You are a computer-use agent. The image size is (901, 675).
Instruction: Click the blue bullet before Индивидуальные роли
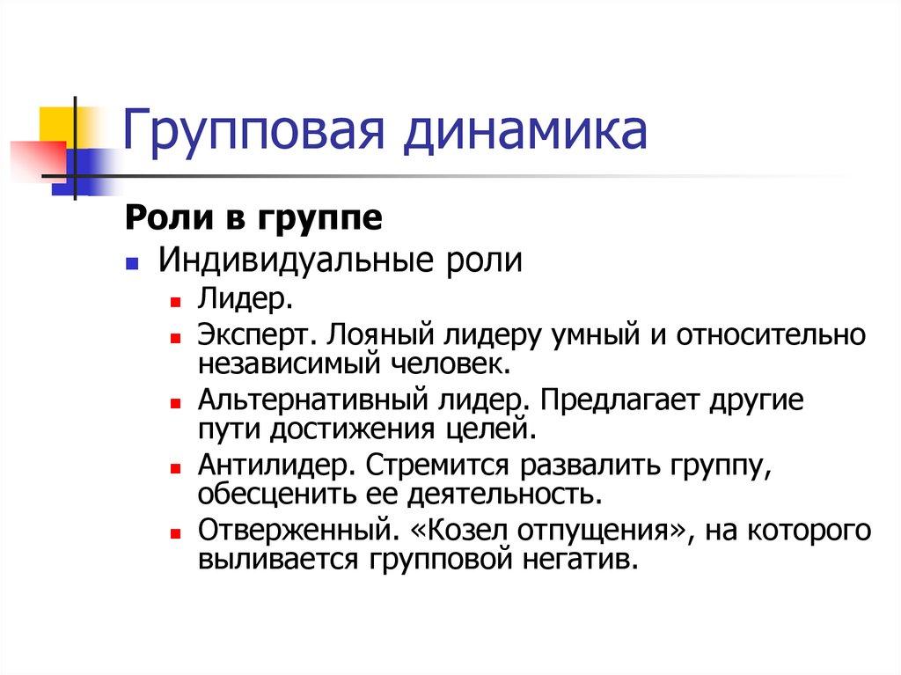(x=131, y=264)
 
